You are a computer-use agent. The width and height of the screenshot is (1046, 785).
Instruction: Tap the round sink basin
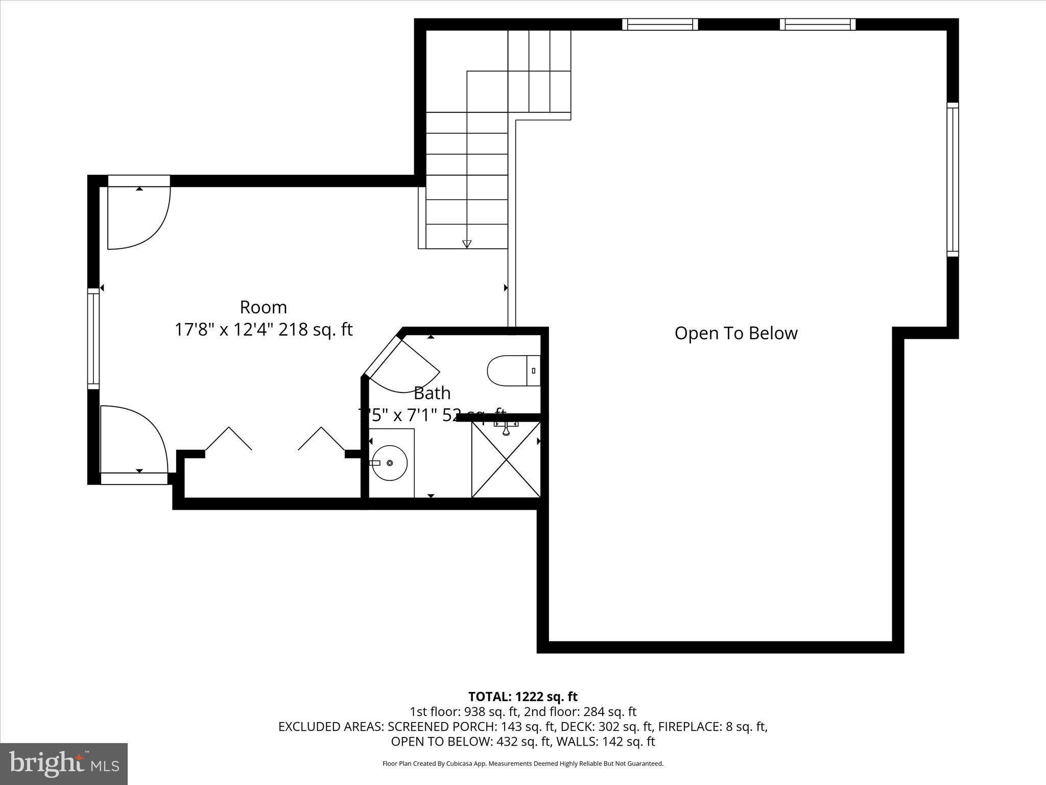[389, 463]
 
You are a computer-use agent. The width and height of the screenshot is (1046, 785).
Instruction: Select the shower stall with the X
[506, 459]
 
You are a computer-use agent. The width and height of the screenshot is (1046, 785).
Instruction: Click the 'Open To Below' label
[735, 333]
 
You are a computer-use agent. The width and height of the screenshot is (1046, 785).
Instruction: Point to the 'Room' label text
[263, 307]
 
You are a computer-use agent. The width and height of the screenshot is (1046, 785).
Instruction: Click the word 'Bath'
[432, 393]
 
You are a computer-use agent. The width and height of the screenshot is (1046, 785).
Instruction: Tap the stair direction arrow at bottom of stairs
[466, 244]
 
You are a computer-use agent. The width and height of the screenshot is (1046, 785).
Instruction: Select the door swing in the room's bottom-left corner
[134, 440]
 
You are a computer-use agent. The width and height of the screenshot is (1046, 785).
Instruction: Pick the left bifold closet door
[228, 438]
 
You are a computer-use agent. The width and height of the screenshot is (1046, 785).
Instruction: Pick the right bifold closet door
[322, 438]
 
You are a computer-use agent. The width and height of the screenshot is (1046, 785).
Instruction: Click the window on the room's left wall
[93, 337]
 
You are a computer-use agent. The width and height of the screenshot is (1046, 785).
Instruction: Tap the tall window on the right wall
[953, 179]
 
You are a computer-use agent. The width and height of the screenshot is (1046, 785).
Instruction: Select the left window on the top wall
[659, 24]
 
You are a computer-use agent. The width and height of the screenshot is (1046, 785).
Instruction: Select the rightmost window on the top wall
[817, 24]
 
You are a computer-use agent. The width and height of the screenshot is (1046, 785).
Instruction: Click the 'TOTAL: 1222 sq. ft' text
[522, 697]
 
